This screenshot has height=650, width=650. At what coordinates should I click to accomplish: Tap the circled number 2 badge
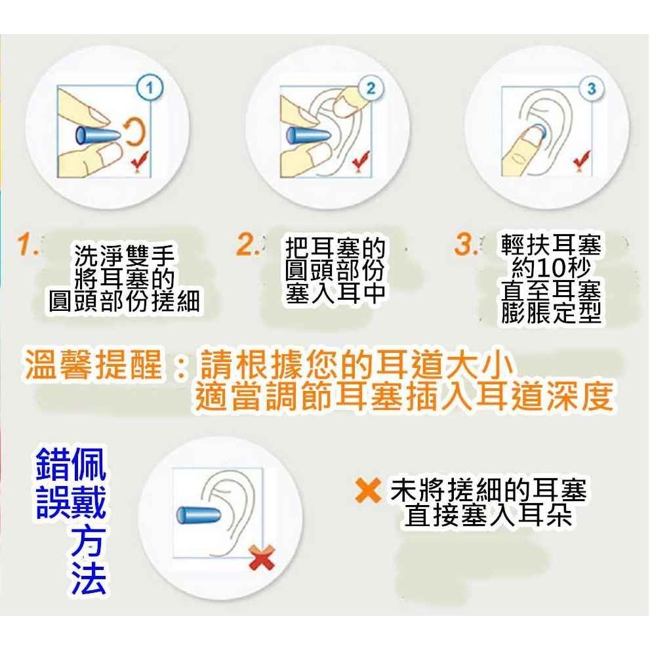pos(371,89)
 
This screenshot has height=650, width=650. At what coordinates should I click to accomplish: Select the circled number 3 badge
pos(592,88)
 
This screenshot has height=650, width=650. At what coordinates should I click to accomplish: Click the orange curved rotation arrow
pos(133,134)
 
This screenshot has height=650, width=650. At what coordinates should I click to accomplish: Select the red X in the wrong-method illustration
pos(262,560)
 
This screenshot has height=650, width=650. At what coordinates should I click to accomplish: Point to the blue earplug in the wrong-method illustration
pos(199,514)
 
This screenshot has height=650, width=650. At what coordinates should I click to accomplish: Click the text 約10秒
pos(551,268)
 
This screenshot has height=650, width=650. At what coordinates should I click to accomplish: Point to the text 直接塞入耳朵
pos(489,516)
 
